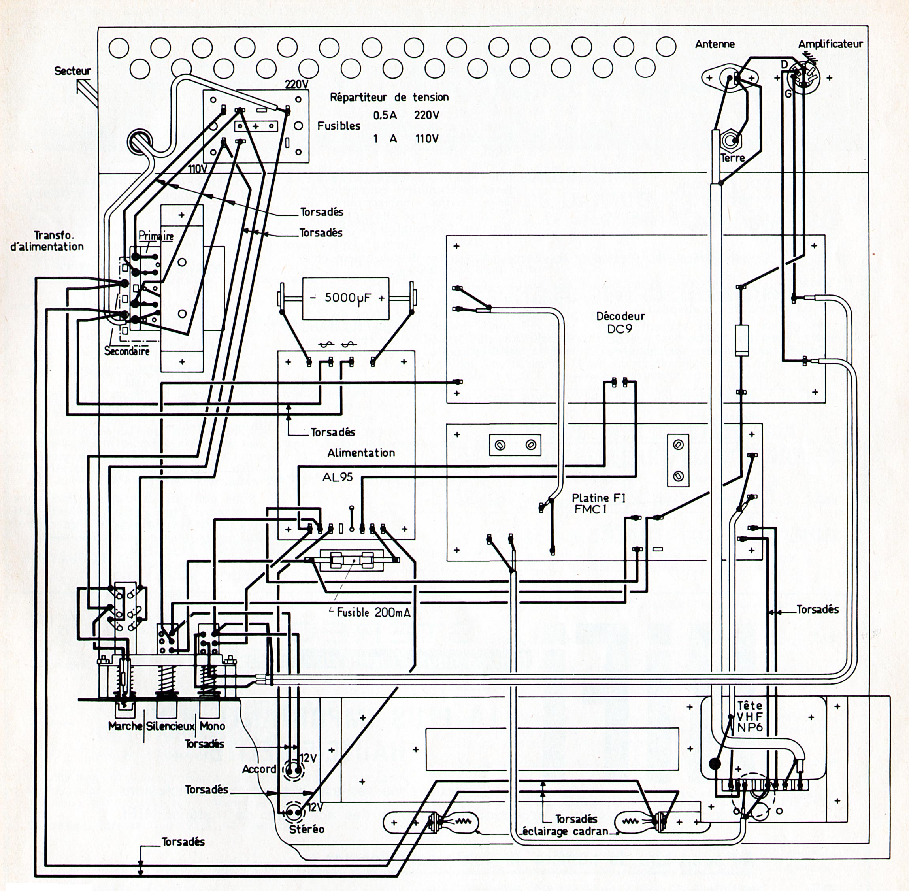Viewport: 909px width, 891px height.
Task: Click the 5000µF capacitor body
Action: click(x=345, y=298)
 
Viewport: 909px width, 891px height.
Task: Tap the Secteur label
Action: click(x=72, y=71)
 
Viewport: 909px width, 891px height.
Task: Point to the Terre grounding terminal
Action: click(x=731, y=140)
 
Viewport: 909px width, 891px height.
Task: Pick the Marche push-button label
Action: click(x=125, y=726)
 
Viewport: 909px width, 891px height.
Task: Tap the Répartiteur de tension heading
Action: click(x=389, y=97)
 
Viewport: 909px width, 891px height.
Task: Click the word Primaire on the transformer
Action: click(x=156, y=236)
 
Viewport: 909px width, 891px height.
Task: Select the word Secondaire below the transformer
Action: click(x=127, y=351)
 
